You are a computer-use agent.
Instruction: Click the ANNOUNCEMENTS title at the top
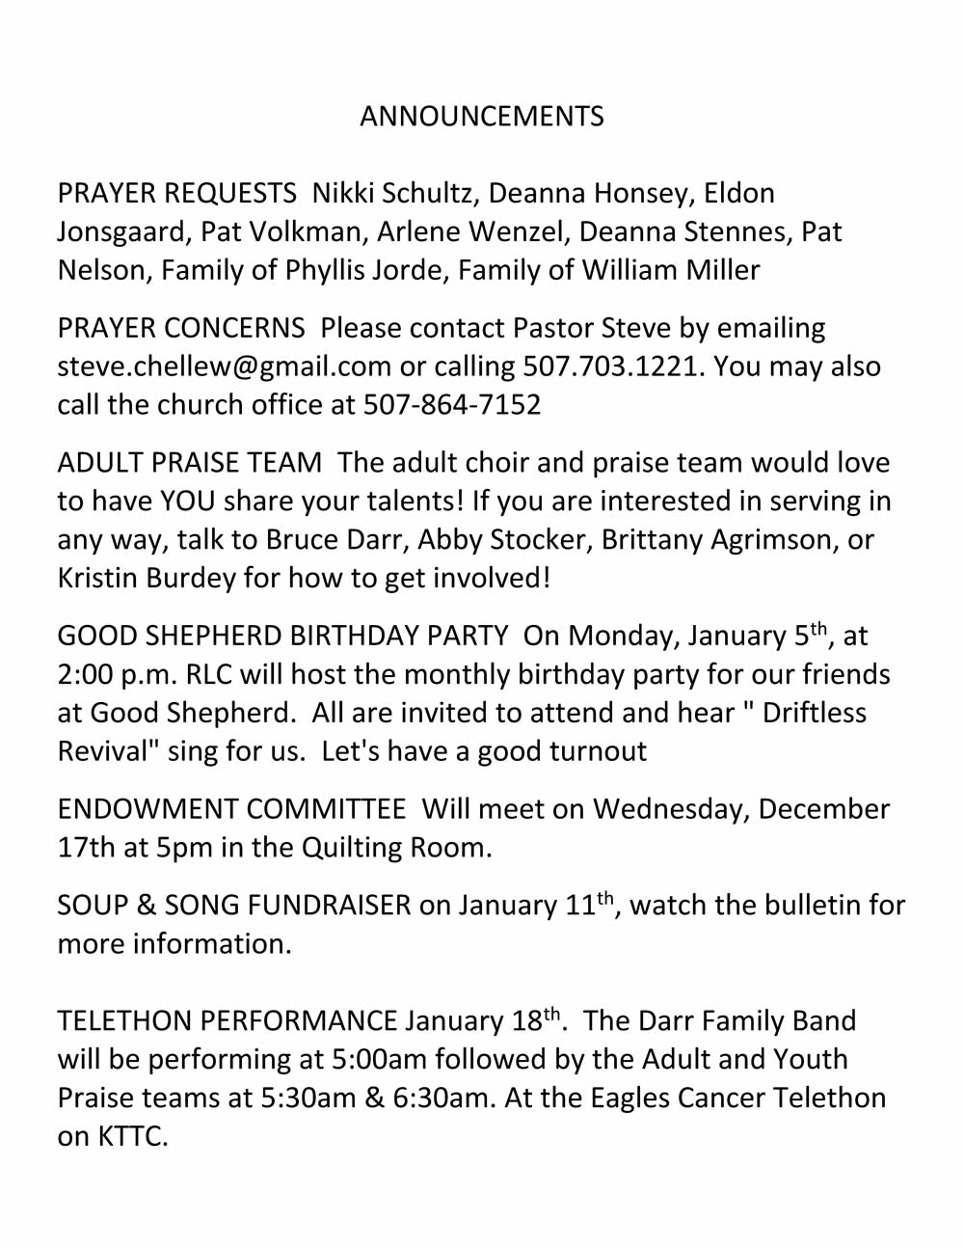pyautogui.click(x=482, y=117)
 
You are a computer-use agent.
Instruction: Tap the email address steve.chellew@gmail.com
pyautogui.click(x=225, y=366)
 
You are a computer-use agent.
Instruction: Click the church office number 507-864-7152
pyautogui.click(x=452, y=405)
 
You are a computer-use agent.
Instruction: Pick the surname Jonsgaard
pyautogui.click(x=120, y=232)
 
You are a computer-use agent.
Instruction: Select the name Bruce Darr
pyautogui.click(x=334, y=540)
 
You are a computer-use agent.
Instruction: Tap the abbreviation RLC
pyautogui.click(x=209, y=675)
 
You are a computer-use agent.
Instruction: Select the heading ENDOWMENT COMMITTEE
pyautogui.click(x=231, y=809)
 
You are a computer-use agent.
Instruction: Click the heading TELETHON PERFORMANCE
pyautogui.click(x=228, y=1021)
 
